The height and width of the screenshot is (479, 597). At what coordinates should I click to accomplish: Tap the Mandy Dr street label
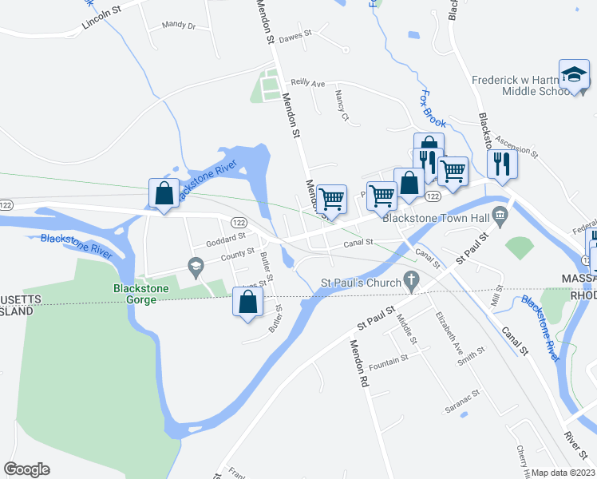(x=178, y=26)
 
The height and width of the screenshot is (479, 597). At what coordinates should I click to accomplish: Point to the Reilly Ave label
(x=308, y=82)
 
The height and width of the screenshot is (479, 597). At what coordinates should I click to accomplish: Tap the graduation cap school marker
(x=573, y=75)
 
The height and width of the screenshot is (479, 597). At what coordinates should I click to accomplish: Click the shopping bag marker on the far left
(x=164, y=193)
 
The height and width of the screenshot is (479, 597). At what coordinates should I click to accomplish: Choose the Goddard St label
(x=224, y=238)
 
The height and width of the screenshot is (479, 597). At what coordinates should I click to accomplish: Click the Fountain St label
(x=389, y=359)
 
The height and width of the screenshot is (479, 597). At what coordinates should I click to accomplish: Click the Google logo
(x=26, y=469)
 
